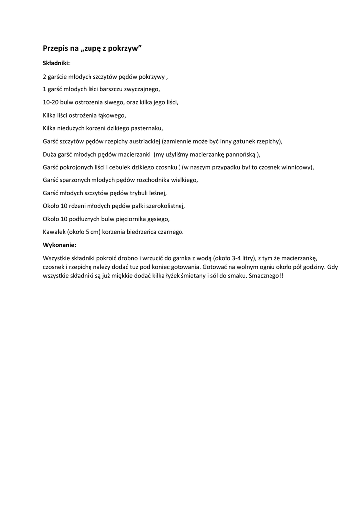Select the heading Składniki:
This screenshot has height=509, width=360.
(56, 63)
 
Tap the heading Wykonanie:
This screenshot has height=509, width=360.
(60, 245)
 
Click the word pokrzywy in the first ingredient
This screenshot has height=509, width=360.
(152, 77)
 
